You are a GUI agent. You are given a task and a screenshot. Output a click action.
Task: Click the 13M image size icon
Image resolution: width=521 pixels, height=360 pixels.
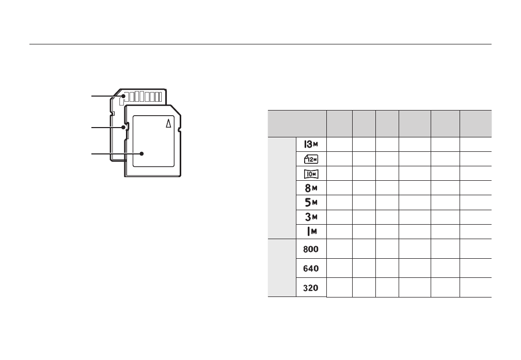pos(311,144)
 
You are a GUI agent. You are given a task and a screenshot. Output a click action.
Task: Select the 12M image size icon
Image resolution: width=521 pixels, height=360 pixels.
pos(311,159)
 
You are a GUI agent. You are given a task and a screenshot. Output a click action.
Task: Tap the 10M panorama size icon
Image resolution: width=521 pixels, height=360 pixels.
pos(311,174)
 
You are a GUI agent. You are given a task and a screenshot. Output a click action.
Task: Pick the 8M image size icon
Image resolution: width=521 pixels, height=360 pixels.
pos(311,188)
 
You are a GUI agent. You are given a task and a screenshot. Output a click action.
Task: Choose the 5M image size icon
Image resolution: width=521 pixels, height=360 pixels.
pos(311,202)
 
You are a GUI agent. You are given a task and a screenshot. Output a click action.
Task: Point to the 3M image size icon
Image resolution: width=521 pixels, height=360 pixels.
pos(311,217)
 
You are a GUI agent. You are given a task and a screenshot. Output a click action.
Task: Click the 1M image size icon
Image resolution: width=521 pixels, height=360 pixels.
pos(312,231)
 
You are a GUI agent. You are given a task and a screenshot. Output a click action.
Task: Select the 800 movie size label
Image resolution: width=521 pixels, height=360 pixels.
pos(311,249)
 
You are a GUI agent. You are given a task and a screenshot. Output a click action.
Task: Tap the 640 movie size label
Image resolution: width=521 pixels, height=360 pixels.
pos(311,268)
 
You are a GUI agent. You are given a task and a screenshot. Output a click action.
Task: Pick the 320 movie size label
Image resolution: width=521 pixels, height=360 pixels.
pos(311,288)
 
